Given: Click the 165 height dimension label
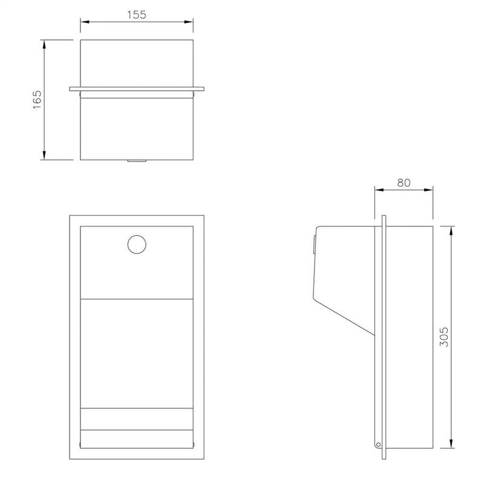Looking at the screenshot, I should point(38,100).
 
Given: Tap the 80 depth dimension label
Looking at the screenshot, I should point(404,182).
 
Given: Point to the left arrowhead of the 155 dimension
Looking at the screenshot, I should point(84,22).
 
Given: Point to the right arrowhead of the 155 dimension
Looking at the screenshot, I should point(190,22).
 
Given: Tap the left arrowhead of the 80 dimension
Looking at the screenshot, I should point(378,190).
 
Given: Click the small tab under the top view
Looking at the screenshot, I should point(136,161).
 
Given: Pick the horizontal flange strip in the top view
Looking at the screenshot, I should point(137,89).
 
